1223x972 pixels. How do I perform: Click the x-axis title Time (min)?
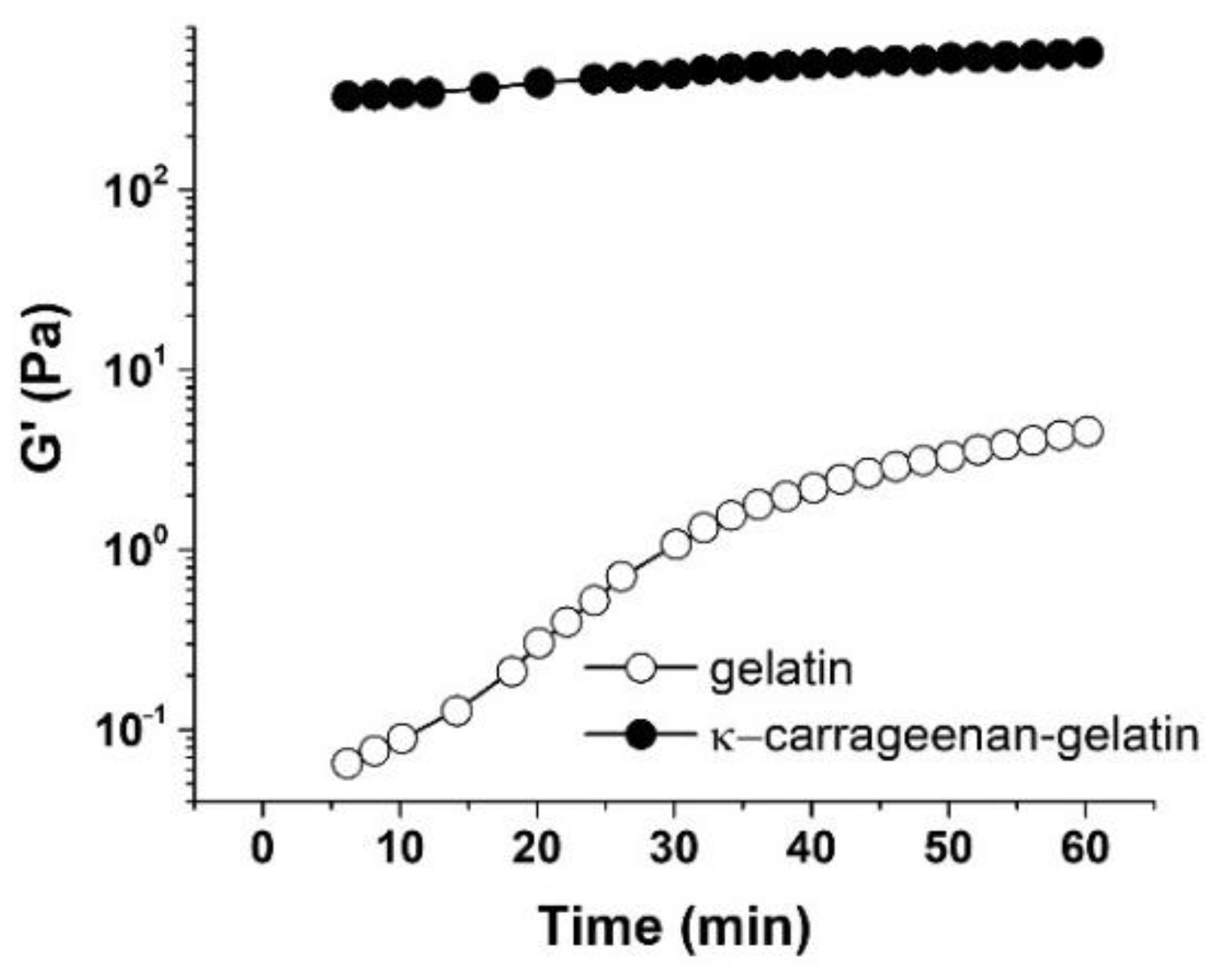(674, 926)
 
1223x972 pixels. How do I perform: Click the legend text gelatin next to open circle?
(780, 670)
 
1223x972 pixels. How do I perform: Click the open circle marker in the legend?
(640, 669)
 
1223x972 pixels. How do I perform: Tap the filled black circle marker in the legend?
(640, 735)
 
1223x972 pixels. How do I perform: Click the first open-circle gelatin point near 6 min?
(346, 763)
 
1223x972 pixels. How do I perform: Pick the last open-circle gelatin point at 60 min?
(1089, 431)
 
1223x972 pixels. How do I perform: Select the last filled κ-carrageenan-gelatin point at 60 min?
(1089, 53)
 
